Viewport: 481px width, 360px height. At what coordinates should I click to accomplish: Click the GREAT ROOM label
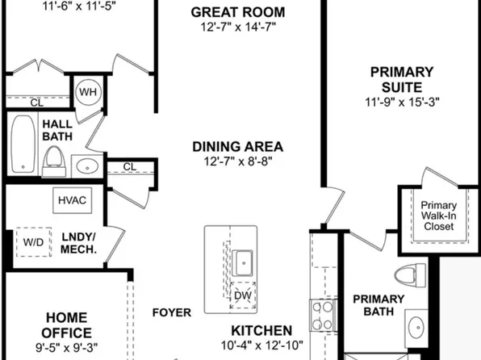coord(237,12)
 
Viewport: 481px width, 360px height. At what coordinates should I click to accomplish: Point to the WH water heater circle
coord(88,92)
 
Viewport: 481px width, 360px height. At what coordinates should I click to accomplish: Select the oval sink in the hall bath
coord(86,167)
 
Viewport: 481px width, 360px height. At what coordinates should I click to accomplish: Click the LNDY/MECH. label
coord(79,243)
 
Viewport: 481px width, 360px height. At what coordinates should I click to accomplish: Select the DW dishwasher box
coord(243,296)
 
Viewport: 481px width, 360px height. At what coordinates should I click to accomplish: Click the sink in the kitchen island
coord(243,261)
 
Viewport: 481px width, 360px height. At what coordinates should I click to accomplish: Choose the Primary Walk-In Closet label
coord(437,216)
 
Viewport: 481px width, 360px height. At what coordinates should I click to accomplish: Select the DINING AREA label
coord(237,147)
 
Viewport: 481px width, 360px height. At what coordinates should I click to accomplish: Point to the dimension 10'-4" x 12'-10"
coord(261,345)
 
